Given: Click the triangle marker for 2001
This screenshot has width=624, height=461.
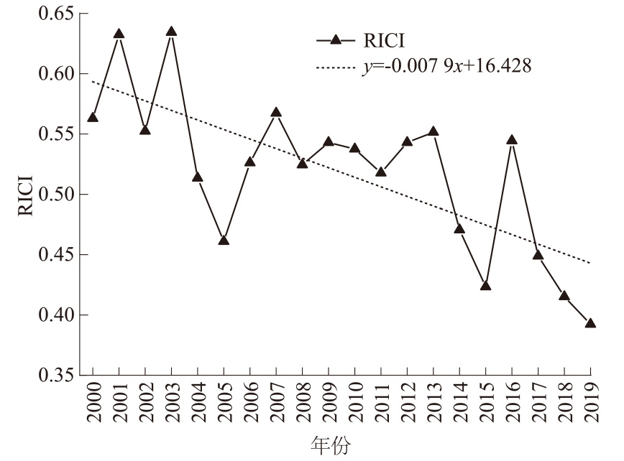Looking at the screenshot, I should pyautogui.click(x=119, y=34).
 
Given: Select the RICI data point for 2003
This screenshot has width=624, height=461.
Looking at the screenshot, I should pyautogui.click(x=172, y=32).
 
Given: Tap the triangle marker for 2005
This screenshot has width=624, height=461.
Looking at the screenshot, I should pyautogui.click(x=224, y=241).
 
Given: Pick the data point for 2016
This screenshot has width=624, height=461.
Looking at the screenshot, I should pyautogui.click(x=512, y=140).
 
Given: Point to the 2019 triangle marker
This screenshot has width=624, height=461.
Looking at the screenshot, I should pyautogui.click(x=590, y=324).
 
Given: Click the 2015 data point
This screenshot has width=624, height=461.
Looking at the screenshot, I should pyautogui.click(x=486, y=286).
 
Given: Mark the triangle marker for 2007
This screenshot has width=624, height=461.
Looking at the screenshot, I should pyautogui.click(x=276, y=113).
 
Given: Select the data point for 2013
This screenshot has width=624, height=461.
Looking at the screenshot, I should pyautogui.click(x=433, y=131).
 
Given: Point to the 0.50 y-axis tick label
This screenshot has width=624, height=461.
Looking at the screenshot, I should pyautogui.click(x=58, y=195).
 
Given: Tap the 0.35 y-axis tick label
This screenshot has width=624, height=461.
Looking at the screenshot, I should pyautogui.click(x=58, y=375).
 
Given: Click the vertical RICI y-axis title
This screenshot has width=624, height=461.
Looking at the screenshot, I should pyautogui.click(x=24, y=195).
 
